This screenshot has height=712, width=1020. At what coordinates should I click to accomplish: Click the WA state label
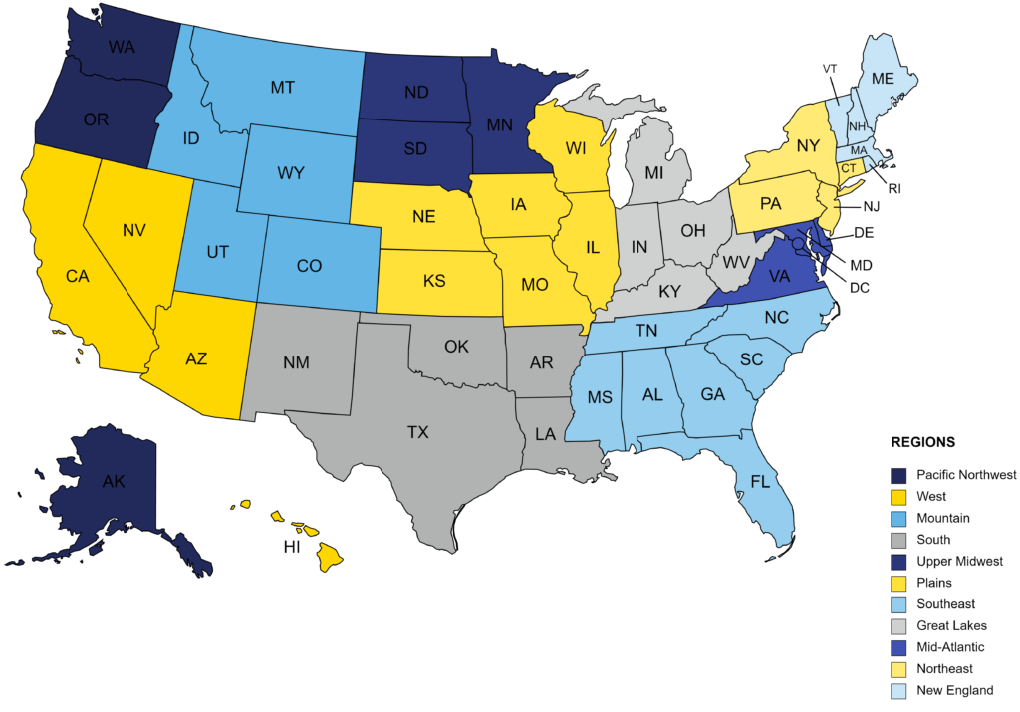click(122, 48)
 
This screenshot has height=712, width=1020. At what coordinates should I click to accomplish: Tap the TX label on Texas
click(417, 432)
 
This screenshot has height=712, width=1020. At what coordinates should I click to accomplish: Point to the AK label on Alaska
click(114, 481)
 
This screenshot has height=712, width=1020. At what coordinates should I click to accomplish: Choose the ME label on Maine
click(883, 78)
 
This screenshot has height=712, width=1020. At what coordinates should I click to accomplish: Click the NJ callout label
click(871, 207)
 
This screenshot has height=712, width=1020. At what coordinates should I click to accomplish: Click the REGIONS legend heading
click(922, 442)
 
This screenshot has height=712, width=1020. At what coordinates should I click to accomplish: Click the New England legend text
click(954, 690)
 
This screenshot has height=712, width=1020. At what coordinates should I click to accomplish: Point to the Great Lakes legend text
click(951, 625)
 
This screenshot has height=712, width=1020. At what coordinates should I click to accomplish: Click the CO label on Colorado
click(309, 267)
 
